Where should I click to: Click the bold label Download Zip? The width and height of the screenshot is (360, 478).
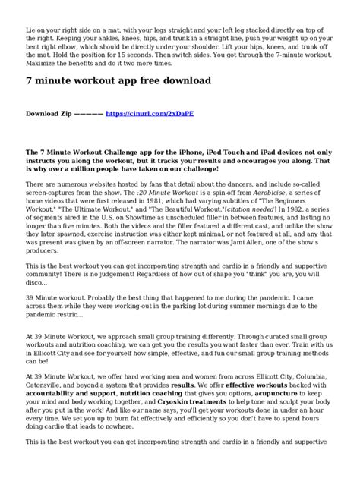tap(48, 112)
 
